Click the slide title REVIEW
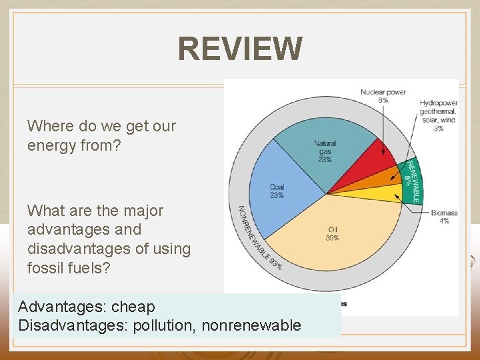pos(240,49)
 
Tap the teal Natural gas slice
pos(327,150)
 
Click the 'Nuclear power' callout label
pos(383,92)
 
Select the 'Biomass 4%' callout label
pos(443,217)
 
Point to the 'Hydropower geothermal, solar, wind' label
pos(438,112)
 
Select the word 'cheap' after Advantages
pos(133,307)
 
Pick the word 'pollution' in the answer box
pos(163,326)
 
